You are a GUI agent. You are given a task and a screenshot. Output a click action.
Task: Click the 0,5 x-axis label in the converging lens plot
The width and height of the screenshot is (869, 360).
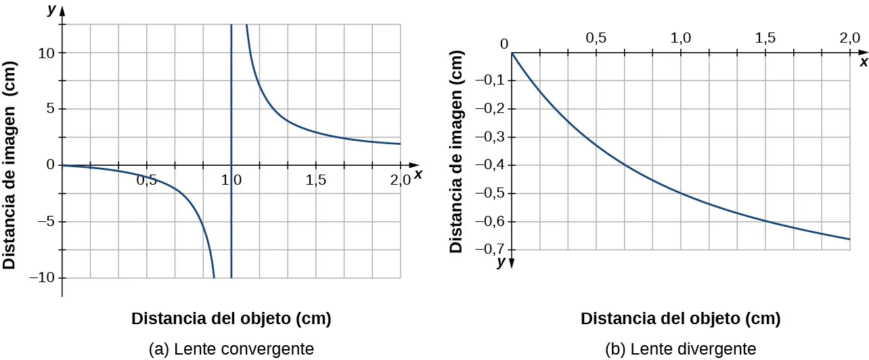147,180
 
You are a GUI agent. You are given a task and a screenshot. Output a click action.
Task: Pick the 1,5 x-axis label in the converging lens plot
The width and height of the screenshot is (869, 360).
316,180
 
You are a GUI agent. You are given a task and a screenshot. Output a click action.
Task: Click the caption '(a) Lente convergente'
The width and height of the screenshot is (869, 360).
231,349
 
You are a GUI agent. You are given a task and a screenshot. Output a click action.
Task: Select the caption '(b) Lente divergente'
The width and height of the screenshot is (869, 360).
680,349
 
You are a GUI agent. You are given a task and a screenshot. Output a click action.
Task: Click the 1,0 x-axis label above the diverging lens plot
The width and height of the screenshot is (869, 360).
680,39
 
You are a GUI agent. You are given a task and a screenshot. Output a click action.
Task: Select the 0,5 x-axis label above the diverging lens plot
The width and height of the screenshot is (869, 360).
596,39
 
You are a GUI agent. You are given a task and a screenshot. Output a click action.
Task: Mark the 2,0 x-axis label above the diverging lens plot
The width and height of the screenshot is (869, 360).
849,39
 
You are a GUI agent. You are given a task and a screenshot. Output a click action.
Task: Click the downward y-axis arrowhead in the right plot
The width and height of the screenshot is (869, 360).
512,263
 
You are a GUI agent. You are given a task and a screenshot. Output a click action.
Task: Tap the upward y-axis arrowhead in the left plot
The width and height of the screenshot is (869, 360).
62,12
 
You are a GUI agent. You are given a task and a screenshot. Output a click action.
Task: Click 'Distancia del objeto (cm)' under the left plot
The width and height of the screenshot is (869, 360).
231,319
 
